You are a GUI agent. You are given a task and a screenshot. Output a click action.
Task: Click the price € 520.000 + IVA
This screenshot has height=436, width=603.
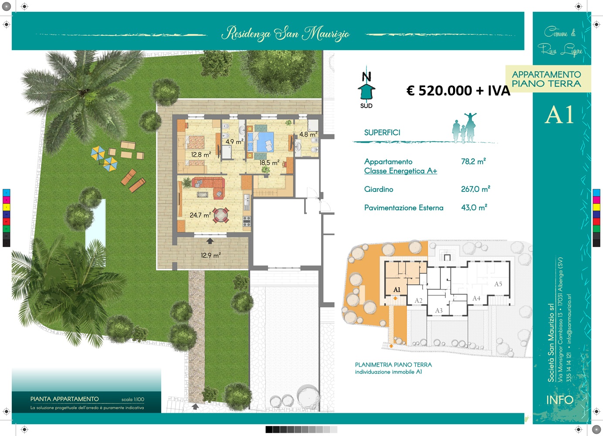point(458,90)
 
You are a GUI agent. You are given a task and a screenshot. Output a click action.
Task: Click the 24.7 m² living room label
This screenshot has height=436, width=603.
point(200,215)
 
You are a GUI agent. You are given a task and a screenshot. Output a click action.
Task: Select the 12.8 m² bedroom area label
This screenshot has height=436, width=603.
point(201,154)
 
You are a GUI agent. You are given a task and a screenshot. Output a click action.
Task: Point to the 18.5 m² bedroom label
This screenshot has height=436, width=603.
point(269,163)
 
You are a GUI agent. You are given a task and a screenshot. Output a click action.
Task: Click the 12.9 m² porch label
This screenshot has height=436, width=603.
point(211,255)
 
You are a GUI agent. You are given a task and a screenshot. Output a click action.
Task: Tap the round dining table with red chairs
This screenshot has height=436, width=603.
point(221,215)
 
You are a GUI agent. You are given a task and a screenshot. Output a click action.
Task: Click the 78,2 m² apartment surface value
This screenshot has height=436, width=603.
point(473,161)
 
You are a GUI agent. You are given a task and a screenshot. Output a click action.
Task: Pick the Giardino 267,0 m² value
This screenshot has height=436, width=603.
point(475,189)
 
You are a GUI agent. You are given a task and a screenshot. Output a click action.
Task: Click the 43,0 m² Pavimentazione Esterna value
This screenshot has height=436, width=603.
point(474,208)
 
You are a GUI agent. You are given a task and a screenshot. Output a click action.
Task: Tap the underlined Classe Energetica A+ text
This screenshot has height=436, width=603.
point(400,171)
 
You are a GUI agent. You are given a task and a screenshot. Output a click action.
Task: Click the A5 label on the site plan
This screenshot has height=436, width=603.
point(498,284)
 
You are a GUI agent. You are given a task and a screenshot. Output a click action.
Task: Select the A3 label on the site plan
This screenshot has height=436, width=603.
point(439,310)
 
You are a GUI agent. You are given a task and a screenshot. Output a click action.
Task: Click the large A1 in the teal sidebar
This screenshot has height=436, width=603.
point(559,115)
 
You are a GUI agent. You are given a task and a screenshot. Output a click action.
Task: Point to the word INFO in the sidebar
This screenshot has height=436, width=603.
point(560,400)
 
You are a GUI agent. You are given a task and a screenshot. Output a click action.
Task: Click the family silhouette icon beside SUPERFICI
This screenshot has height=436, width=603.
point(464,128)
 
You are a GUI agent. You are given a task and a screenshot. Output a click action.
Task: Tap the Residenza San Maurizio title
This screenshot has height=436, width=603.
point(286,34)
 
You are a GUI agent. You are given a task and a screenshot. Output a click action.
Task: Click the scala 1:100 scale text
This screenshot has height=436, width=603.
point(133,399)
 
